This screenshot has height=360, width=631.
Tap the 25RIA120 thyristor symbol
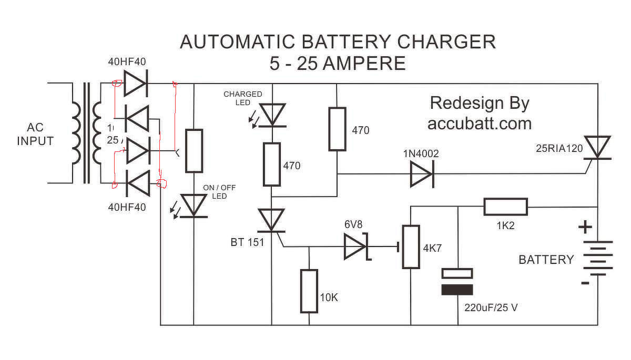coord(598,147)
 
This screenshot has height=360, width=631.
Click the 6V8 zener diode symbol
coord(355,246)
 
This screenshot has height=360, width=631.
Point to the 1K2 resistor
coord(505,207)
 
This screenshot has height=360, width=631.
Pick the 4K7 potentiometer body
coord(411,246)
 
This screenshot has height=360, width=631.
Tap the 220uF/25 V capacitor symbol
coord(457,282)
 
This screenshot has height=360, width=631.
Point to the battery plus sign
coord(585,227)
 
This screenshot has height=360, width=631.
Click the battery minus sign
coord(585,283)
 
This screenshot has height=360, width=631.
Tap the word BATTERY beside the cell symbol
coord(546,260)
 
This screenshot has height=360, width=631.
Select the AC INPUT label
coord(35,135)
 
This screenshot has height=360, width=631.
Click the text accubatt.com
coord(479,124)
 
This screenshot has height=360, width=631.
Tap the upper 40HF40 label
coord(127,62)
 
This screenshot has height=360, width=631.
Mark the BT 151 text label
coord(247,242)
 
